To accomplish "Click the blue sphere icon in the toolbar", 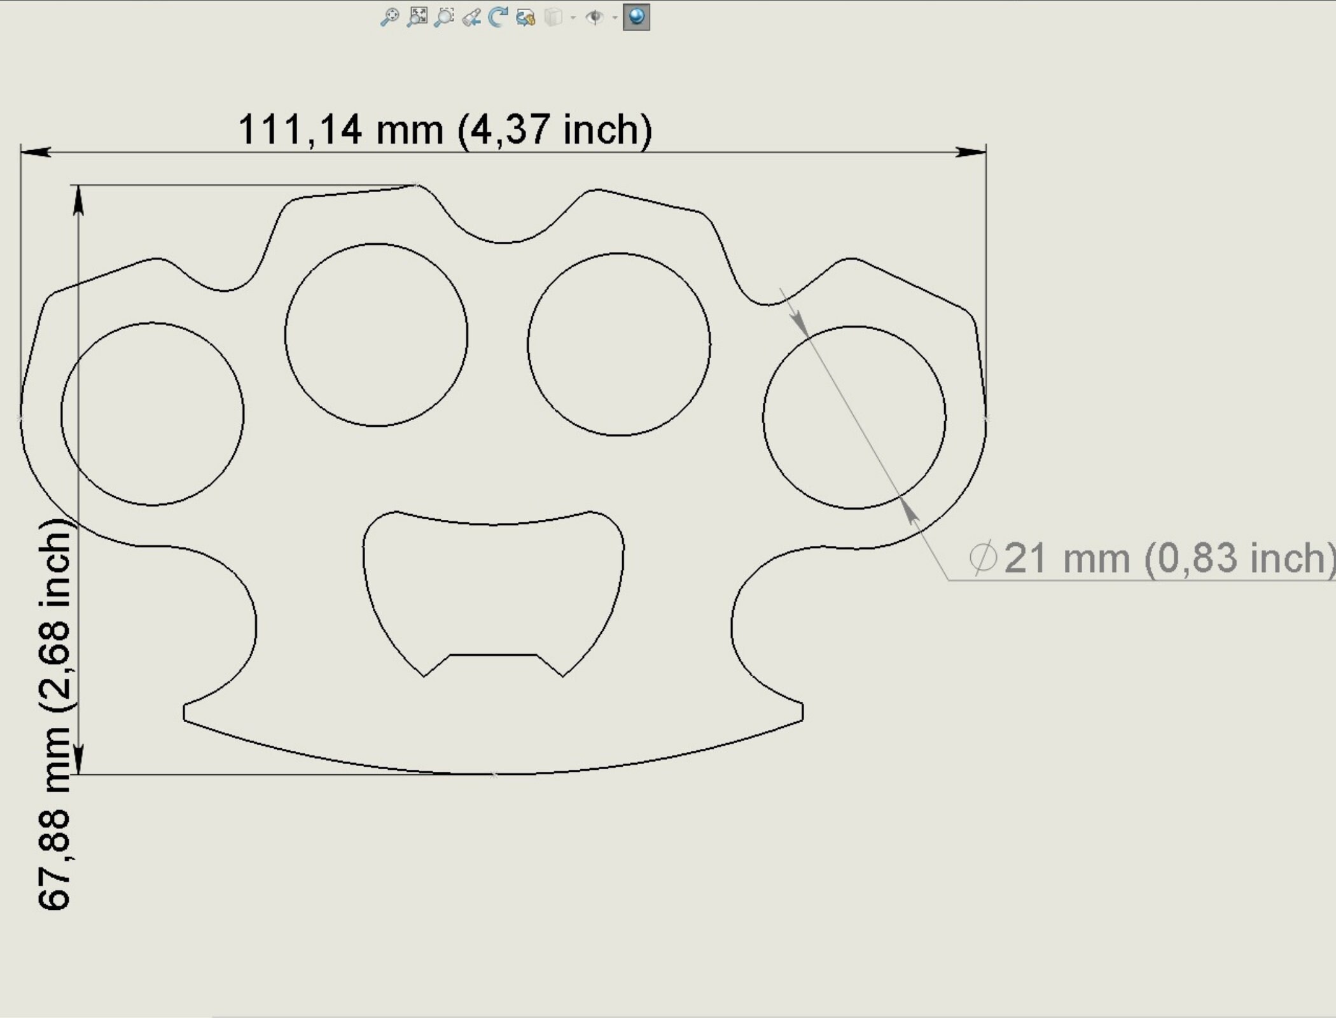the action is (636, 17).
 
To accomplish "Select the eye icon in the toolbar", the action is (594, 17).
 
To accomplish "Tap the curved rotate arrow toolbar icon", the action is (498, 17).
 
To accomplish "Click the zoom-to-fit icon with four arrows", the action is (417, 17).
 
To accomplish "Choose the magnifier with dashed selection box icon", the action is (444, 17).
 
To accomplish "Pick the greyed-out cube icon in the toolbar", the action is (553, 17).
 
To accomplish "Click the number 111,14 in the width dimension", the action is (300, 130).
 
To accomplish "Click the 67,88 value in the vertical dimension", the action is (54, 859).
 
